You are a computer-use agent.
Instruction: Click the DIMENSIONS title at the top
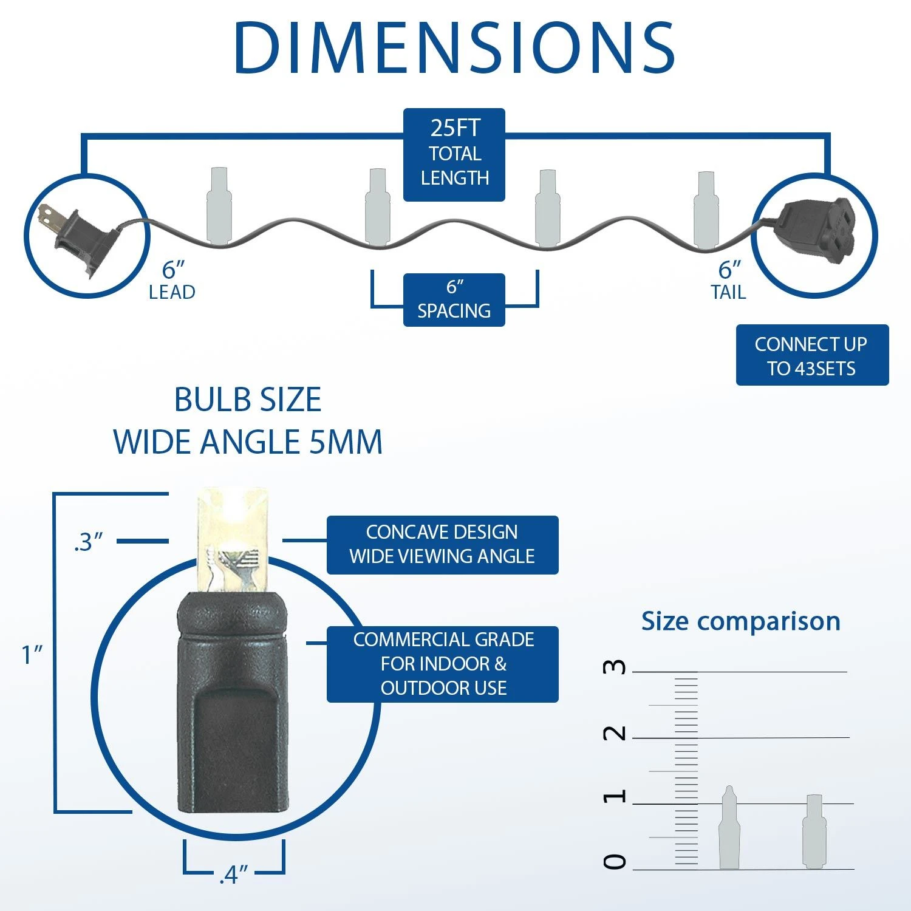point(454,48)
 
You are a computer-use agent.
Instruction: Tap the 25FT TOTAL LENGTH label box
point(454,154)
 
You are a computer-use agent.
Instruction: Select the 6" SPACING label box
point(454,300)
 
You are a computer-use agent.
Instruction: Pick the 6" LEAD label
point(172,281)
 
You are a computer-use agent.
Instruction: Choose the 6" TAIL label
point(729,281)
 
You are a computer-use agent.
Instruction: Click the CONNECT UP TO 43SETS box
point(812,355)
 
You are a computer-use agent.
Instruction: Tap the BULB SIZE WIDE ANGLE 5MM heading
point(248,420)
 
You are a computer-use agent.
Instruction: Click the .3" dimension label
point(88,542)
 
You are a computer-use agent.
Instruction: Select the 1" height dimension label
point(32,654)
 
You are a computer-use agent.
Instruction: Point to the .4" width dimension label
point(234,875)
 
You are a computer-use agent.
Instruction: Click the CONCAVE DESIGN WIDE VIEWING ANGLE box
point(442,545)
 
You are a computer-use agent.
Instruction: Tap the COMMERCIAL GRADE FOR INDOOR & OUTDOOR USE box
point(442,664)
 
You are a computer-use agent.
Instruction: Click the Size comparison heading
point(741,621)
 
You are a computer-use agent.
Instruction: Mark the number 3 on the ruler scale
point(615,667)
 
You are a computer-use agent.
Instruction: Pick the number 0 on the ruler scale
point(615,861)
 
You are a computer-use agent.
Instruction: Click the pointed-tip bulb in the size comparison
point(729,827)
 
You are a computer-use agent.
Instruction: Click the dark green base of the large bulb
point(231,705)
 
